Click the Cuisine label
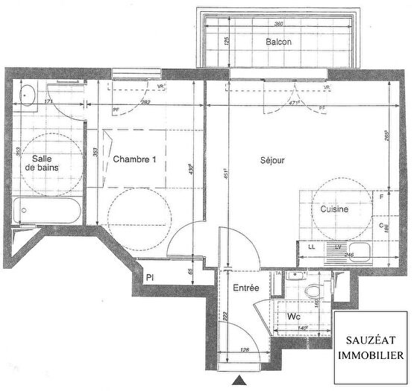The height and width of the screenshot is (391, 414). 334,210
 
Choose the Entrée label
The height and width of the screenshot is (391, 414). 246,287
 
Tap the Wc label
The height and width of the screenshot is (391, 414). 293,316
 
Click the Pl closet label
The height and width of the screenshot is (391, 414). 150,277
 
